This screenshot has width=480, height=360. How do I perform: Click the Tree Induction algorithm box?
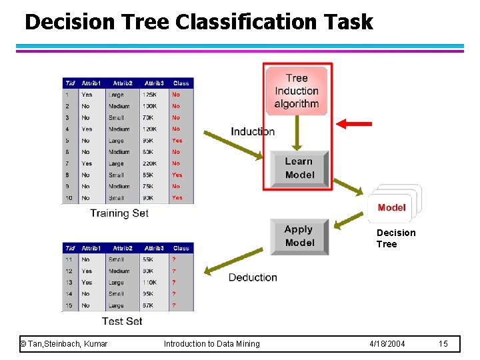[297, 91]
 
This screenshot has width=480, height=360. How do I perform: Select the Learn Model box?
[299, 169]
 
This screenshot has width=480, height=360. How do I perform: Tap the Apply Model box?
[299, 236]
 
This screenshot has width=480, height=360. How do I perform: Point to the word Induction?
[252, 131]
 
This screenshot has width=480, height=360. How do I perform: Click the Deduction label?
[253, 277]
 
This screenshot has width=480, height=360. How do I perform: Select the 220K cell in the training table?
[150, 163]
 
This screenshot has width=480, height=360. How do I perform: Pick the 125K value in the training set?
[150, 95]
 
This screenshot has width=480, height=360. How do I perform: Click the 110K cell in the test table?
[150, 283]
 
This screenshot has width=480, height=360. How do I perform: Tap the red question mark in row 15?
[174, 306]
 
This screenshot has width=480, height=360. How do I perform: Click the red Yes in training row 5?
[177, 141]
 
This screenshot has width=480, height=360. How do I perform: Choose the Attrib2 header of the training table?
[123, 83]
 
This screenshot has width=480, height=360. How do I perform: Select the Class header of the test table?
[181, 248]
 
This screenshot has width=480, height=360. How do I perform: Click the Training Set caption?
[119, 213]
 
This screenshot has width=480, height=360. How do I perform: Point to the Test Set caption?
[122, 321]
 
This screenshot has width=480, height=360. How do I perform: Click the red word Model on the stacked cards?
[391, 207]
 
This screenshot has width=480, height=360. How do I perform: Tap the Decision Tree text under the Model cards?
[395, 238]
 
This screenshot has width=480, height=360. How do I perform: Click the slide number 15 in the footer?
[443, 343]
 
